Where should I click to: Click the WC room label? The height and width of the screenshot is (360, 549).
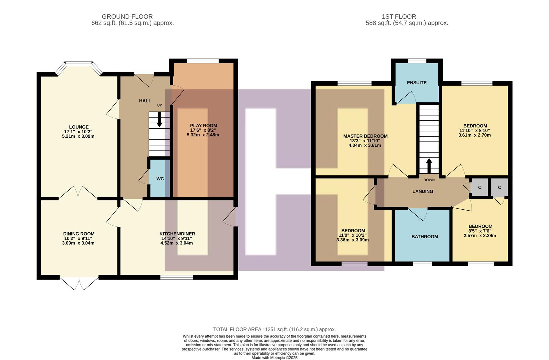[x=160, y=179]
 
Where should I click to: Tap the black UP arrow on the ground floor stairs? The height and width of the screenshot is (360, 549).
[x=160, y=119]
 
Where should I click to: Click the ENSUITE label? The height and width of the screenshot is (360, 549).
[x=416, y=83]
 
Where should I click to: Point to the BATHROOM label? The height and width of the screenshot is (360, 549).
[x=424, y=237]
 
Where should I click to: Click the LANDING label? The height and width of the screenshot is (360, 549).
[x=422, y=191]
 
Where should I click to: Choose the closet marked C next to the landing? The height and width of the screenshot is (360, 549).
[x=480, y=187]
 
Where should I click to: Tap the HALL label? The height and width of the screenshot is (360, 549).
[x=145, y=101]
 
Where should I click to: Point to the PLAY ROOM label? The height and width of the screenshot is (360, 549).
[x=203, y=126]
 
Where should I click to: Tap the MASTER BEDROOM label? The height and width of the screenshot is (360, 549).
[x=365, y=136]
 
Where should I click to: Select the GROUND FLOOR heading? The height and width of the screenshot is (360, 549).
[x=127, y=16]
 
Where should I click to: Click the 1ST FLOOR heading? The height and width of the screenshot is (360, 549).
[x=398, y=16]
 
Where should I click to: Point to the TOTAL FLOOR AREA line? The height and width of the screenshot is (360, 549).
[x=274, y=329]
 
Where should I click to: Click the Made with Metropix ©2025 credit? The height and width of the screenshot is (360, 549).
[x=274, y=358]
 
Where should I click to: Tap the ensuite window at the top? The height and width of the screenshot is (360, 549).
[x=417, y=61]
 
